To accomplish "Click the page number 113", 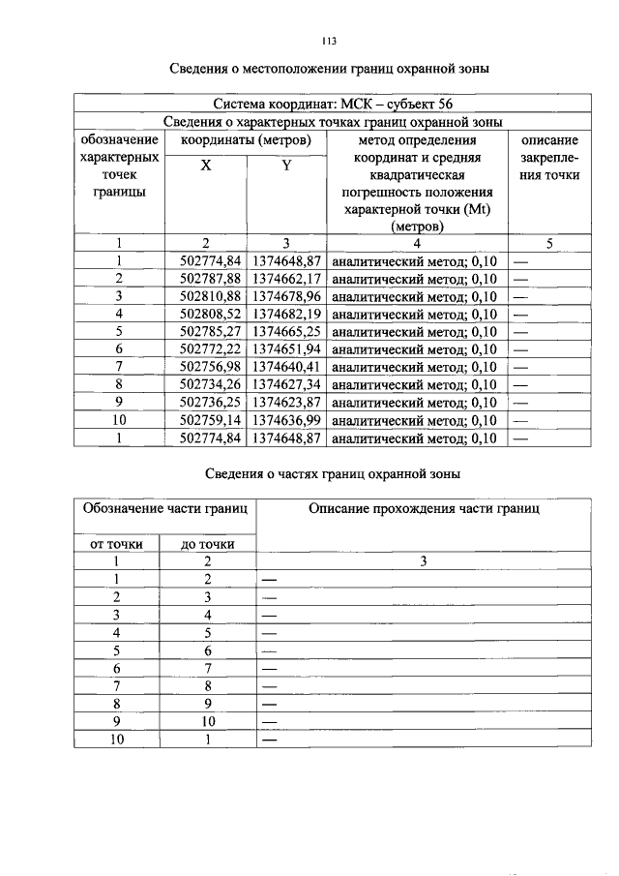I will (x=328, y=41).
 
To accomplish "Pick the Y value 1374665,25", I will (x=287, y=332).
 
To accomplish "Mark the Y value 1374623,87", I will (x=287, y=402).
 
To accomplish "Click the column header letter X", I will (x=206, y=166).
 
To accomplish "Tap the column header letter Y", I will (x=286, y=166).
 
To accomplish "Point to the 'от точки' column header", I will (x=116, y=544).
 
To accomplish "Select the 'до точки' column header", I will (x=208, y=544).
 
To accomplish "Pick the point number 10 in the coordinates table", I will (x=120, y=419).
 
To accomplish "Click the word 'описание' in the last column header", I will (x=548, y=140).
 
